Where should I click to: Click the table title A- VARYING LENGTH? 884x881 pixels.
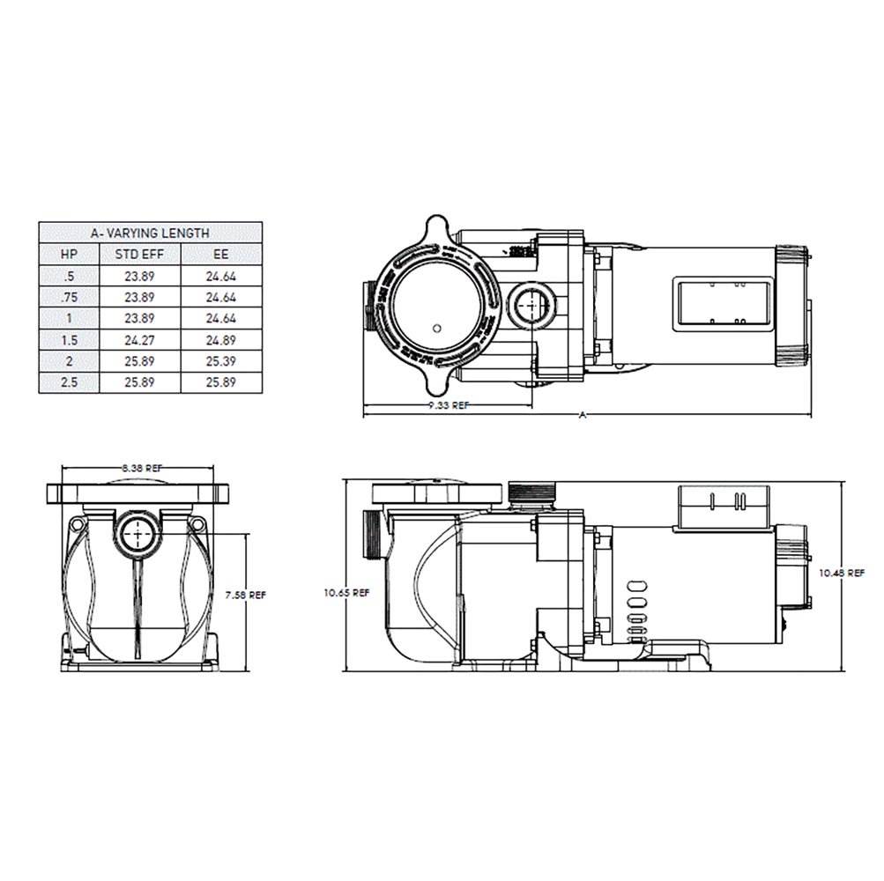click(150, 233)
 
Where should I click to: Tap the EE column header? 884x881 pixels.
click(221, 255)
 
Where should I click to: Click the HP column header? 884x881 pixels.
click(68, 255)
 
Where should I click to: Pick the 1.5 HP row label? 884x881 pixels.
click(68, 339)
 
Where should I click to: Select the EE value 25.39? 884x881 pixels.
click(221, 360)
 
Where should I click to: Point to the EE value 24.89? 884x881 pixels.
click(221, 339)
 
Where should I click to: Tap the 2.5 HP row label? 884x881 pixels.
click(68, 381)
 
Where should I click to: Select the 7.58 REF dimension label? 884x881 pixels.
click(245, 596)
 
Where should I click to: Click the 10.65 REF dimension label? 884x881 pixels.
click(347, 593)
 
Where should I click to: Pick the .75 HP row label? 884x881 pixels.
click(68, 297)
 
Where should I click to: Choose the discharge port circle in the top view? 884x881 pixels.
click(529, 307)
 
